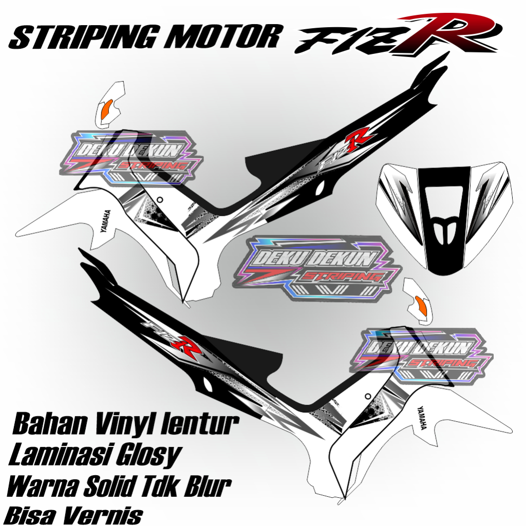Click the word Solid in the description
120,486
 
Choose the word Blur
205,486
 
